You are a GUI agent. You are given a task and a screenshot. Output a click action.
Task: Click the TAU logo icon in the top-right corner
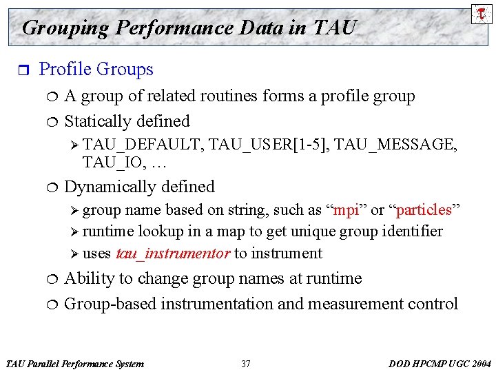[480, 14]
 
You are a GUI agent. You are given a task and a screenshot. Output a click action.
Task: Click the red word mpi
[345, 209]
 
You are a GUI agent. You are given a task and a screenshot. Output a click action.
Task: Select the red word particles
[423, 209]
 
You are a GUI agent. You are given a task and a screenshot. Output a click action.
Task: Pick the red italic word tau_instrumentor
[173, 254]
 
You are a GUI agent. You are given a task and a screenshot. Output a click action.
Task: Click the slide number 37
[246, 364]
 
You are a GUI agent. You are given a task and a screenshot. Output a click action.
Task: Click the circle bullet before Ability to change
[53, 279]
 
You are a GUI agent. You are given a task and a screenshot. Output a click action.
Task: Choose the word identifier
[411, 231]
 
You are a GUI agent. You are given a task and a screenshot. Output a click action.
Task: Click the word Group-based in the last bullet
[110, 304]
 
